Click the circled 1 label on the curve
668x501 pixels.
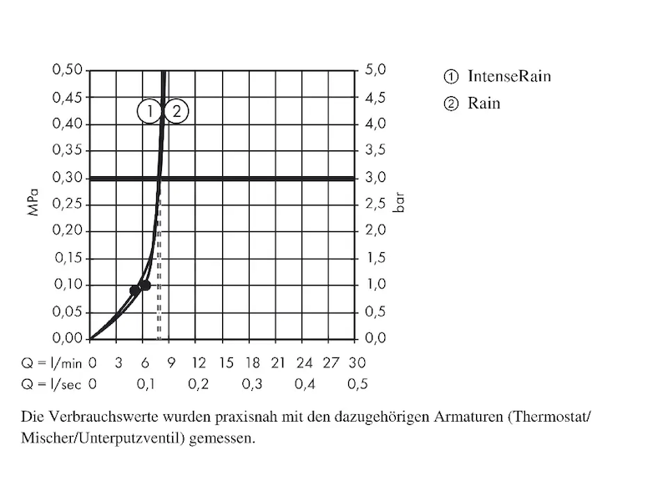tap(149, 110)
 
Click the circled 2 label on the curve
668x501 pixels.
tap(176, 110)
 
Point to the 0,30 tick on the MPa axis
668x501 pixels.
tap(67, 178)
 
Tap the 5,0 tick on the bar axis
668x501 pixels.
tap(376, 70)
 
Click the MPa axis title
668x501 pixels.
tap(33, 205)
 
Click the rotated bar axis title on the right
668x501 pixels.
tap(398, 205)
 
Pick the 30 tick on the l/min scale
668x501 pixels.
tap(357, 363)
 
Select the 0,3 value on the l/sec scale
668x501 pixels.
tap(251, 384)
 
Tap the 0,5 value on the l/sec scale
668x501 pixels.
tap(357, 384)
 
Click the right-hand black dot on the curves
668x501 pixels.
tap(145, 285)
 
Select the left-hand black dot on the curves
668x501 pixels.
tap(134, 291)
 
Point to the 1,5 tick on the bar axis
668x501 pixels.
tap(376, 258)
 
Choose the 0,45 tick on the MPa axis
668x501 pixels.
tap(67, 97)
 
